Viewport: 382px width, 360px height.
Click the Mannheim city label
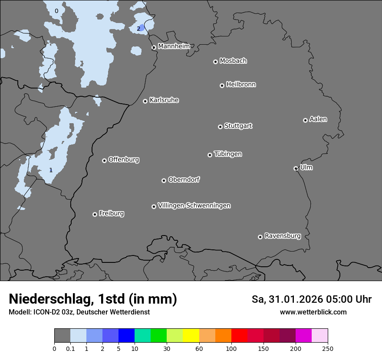174,46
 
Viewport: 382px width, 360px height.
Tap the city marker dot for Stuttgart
220,127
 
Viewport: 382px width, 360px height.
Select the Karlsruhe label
164,100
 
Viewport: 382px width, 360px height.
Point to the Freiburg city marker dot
95,214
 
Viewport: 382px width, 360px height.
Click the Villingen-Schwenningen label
194,206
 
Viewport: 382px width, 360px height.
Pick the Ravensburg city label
283,236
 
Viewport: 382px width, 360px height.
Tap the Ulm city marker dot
296,168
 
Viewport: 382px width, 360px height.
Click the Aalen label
318,119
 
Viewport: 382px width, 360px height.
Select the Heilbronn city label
241,85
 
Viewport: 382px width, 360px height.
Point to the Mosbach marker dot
215,62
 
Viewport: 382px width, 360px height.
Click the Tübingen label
228,154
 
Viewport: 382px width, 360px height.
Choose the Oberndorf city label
184,180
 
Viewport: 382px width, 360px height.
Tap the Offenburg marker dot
104,160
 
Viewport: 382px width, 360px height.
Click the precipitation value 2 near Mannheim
138,29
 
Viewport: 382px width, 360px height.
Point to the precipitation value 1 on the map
51,170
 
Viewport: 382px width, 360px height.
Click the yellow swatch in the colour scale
191,336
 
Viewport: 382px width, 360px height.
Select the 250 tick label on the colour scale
328,348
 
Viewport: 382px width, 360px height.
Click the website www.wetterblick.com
313,312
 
